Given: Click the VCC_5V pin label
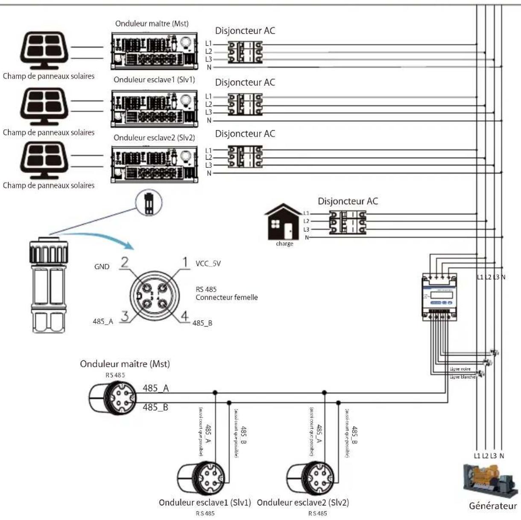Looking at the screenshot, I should pos(208,264).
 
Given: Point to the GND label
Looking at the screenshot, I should pos(102,267).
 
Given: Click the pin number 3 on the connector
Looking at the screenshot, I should pos(124,316).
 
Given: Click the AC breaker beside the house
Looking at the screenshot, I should pos(347,222).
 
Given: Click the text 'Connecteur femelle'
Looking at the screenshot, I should pos(227,298).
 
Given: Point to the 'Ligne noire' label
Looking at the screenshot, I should pos(460,369).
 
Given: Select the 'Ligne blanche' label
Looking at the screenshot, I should pos(462,377).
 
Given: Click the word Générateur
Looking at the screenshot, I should pos(493,506).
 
